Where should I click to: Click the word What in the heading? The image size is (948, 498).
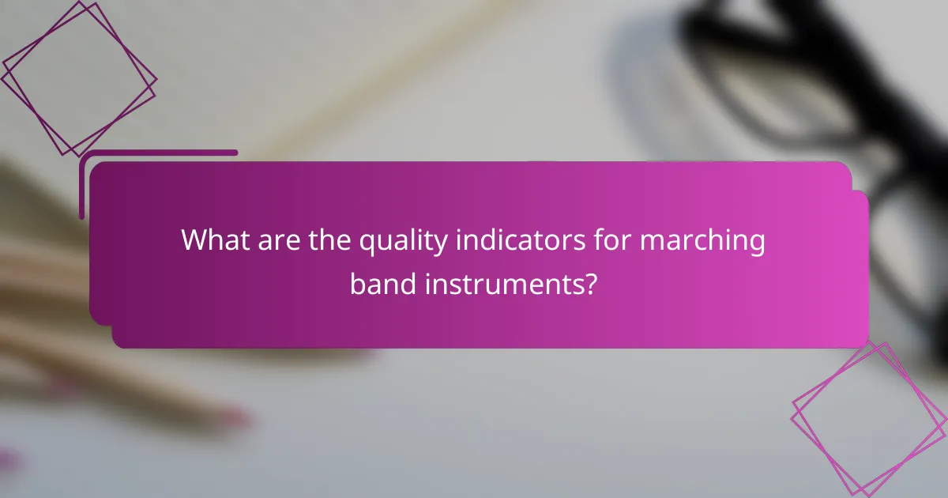coord(216,241)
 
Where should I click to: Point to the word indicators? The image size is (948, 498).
coord(517,241)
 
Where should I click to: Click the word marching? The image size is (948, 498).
coord(702,243)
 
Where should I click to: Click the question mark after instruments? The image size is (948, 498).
coord(590,282)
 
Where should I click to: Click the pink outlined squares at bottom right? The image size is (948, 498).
coord(870,420)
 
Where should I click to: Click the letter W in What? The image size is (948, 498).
coord(194,241)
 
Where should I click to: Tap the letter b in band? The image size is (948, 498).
coord(356,282)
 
